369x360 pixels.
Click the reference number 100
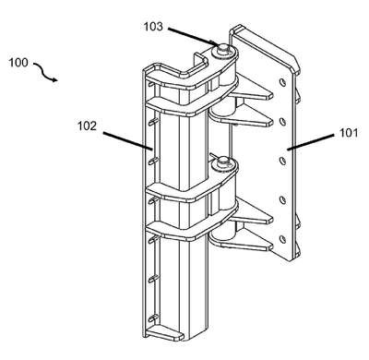18,63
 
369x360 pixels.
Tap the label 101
349,133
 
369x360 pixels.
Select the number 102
87,126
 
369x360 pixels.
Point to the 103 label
153,27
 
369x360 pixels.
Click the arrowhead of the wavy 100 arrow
54,80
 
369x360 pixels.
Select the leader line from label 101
310,142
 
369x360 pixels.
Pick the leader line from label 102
128,141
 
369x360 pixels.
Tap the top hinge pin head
222,47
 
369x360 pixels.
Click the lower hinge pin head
222,161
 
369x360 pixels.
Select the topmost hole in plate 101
282,82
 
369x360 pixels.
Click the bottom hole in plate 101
282,239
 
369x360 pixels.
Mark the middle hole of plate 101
282,161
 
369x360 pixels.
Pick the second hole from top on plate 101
282,122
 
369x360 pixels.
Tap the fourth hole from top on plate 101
282,200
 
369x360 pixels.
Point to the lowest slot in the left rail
153,318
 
